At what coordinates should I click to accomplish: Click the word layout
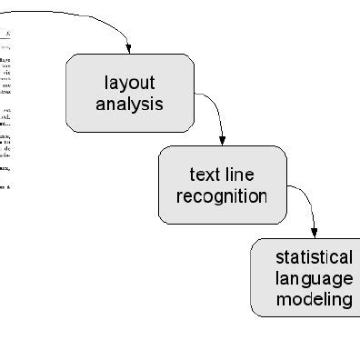(129, 83)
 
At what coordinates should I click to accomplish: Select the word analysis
(129, 104)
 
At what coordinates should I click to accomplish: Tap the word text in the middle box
(204, 175)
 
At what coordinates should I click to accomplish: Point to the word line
(242, 175)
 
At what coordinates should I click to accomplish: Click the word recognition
(222, 195)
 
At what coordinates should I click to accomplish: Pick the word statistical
(314, 257)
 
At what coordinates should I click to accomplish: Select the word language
(314, 278)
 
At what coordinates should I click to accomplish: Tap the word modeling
(314, 299)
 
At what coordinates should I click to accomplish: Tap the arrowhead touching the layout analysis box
(130, 48)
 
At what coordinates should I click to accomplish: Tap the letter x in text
(208, 175)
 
